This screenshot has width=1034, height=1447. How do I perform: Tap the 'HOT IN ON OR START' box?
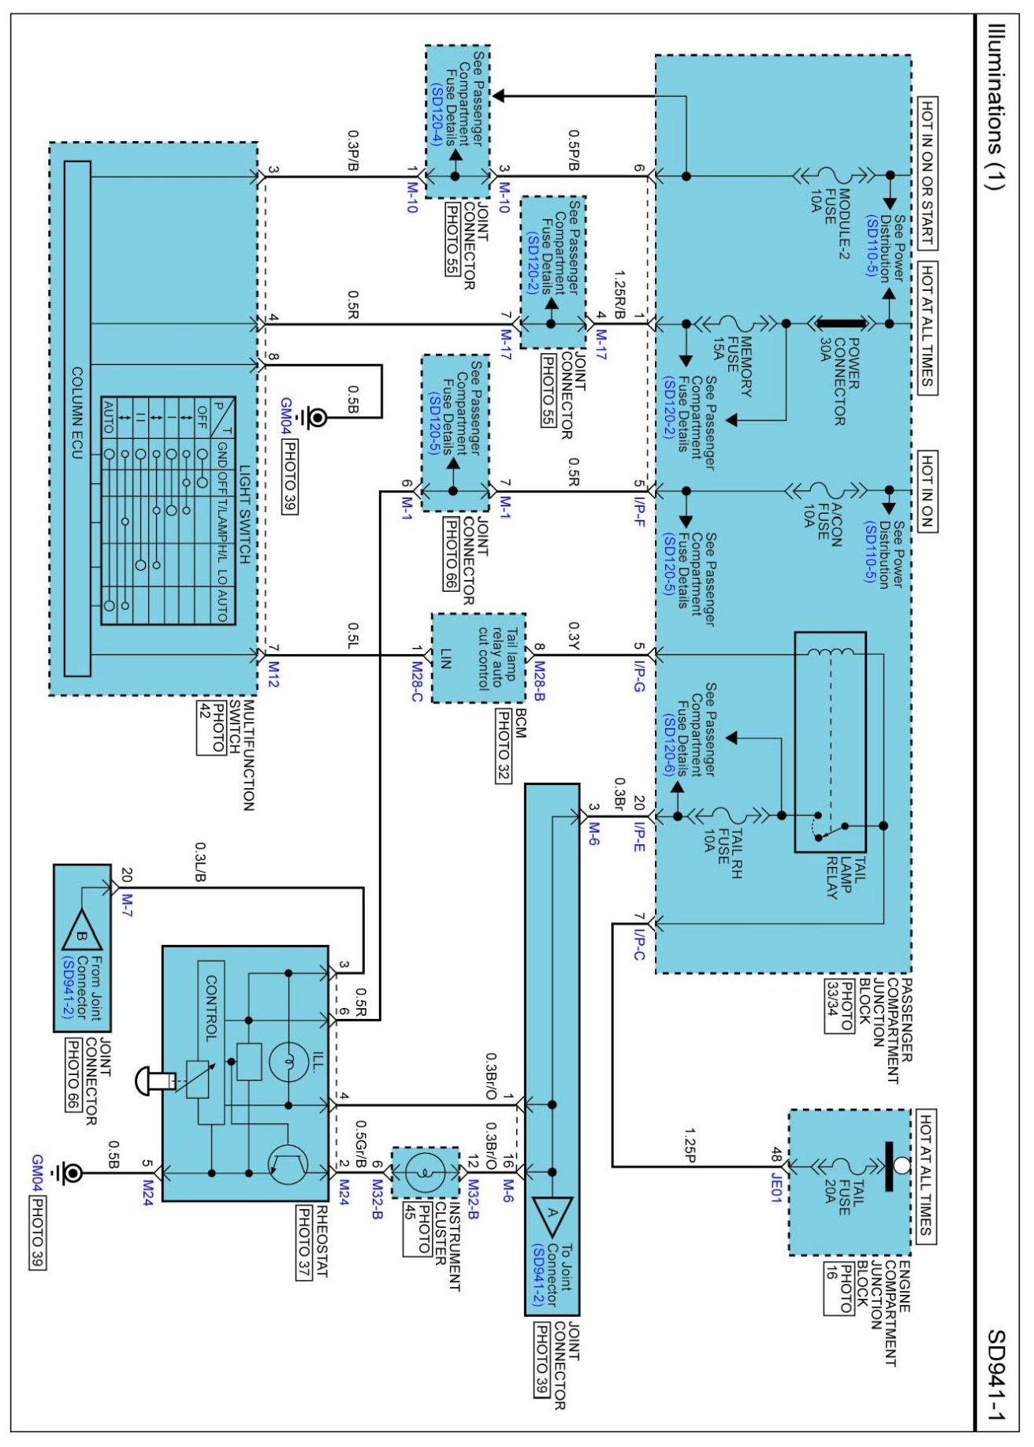(x=928, y=173)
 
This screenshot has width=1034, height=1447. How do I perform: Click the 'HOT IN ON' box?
(x=928, y=492)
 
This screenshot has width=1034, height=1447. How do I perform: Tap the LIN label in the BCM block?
(x=445, y=659)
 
